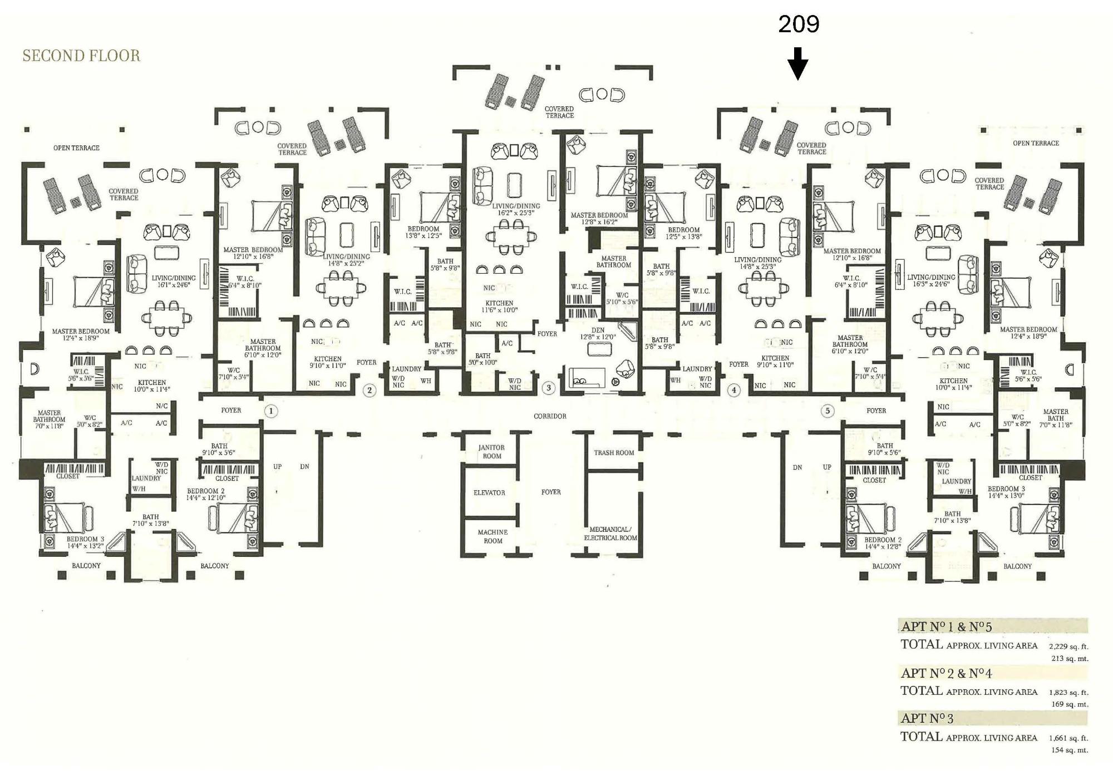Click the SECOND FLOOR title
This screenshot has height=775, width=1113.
click(x=81, y=56)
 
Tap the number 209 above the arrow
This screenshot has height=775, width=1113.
click(x=799, y=24)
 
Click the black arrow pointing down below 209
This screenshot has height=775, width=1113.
click(x=798, y=63)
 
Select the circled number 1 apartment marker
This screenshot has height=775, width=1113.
click(x=270, y=411)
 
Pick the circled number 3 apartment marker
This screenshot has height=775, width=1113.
click(x=549, y=388)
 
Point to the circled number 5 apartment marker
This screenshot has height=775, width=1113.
click(x=828, y=411)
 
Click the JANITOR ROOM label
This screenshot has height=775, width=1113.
click(x=492, y=452)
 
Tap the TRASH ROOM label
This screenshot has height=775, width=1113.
click(x=614, y=453)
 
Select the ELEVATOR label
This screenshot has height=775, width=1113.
click(x=489, y=493)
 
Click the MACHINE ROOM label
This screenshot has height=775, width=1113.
click(x=493, y=536)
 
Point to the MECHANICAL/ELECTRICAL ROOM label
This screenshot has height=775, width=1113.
click(x=610, y=534)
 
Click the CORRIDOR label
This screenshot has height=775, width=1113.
click(x=550, y=416)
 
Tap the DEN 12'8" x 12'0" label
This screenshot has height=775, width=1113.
click(x=598, y=333)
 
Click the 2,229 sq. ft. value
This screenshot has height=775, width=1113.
click(x=1068, y=646)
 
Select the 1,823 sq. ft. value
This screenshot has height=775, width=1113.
click(x=1068, y=693)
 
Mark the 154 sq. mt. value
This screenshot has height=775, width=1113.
click(x=1070, y=750)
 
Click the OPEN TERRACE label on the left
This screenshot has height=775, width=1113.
click(x=76, y=148)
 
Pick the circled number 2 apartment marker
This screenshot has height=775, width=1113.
click(x=370, y=390)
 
